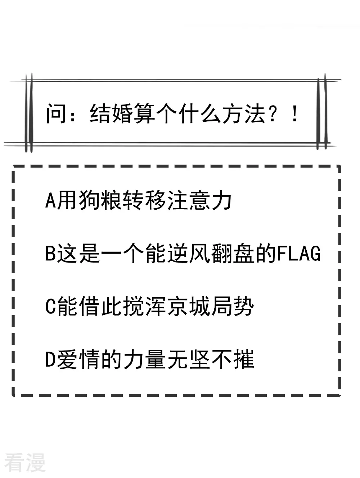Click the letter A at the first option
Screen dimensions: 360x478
pos(51,200)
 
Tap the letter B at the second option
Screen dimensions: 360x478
pos(51,253)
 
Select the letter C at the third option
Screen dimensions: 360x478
pos(51,307)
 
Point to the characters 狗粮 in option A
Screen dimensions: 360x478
pos(100,200)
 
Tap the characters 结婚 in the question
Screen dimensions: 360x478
pos(111,114)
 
